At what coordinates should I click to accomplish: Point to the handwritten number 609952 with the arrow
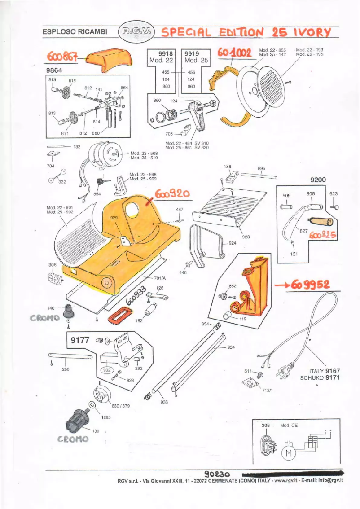(310, 285)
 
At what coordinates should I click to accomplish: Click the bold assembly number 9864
(54, 70)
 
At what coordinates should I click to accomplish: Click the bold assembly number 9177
(80, 340)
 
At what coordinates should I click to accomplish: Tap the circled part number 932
(107, 370)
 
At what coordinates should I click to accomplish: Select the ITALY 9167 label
(325, 371)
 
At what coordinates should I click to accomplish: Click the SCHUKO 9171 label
(320, 378)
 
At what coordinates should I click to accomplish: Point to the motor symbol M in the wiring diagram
(288, 454)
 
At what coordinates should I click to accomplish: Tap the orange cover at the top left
(109, 60)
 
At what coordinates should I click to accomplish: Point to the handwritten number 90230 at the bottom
(217, 474)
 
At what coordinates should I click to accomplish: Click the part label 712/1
(268, 390)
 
